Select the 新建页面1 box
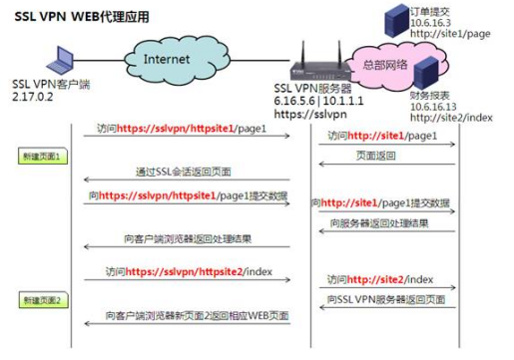[x=42, y=158]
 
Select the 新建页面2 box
[x=42, y=300]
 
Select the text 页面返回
[x=374, y=156]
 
